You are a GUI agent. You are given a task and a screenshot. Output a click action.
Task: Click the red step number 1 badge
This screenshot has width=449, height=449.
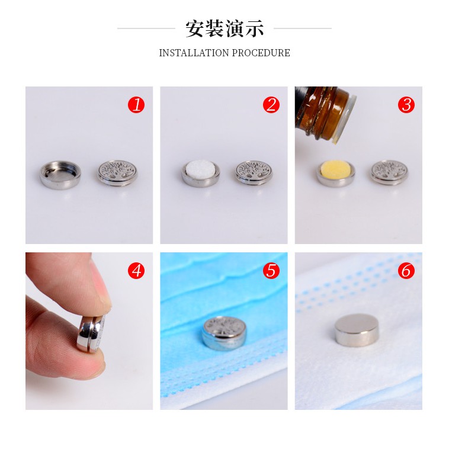[136, 105]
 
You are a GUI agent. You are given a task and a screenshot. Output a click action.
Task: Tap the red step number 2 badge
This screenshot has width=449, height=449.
[271, 105]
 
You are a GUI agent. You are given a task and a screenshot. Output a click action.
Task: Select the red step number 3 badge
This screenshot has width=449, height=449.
[406, 105]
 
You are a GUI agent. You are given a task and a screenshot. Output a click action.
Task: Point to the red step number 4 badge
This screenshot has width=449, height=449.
[136, 271]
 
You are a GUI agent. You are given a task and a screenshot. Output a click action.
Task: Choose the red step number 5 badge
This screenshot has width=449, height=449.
[271, 271]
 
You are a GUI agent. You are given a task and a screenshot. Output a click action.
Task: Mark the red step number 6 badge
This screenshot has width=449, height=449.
[406, 271]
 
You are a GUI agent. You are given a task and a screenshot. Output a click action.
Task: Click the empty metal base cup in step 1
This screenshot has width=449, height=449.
[60, 175]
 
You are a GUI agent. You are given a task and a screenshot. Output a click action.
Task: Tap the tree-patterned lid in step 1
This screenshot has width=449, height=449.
[117, 173]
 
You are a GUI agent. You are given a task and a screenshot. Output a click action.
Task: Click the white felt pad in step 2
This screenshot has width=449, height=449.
[200, 169]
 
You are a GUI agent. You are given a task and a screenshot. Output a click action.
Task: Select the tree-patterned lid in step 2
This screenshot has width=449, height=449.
[254, 172]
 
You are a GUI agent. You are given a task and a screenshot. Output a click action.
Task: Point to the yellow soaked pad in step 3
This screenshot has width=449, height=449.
[336, 169]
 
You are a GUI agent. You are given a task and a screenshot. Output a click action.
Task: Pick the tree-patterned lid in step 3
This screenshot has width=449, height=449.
[389, 172]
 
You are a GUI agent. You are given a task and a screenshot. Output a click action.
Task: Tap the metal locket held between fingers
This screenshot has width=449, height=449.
[92, 333]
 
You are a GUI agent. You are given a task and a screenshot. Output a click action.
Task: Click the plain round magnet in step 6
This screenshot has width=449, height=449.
[357, 329]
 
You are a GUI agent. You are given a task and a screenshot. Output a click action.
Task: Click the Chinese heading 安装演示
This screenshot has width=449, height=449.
[224, 28]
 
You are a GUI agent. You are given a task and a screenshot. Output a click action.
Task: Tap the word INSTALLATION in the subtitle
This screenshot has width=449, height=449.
[194, 53]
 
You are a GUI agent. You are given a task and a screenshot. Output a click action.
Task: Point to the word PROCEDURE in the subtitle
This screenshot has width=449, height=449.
[261, 53]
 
